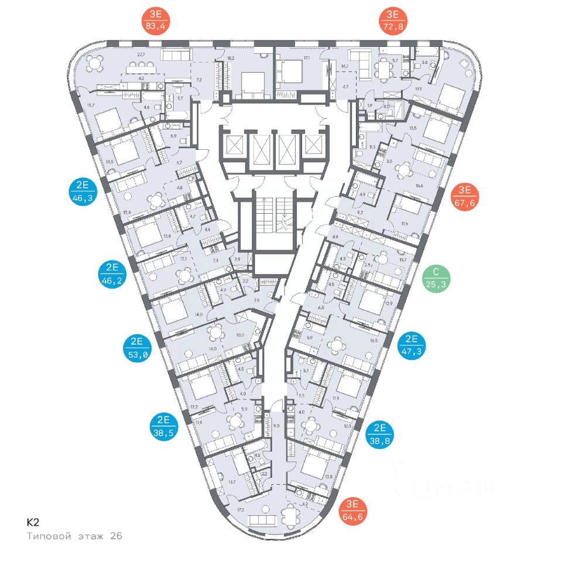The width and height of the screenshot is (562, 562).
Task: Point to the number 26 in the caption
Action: [x=116, y=536]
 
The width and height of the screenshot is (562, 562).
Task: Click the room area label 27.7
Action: [x=141, y=55]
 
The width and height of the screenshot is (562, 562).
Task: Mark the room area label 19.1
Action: [x=419, y=90]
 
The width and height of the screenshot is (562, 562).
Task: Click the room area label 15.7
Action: [x=90, y=105]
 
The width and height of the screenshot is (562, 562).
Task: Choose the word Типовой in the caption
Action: [x=49, y=536]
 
